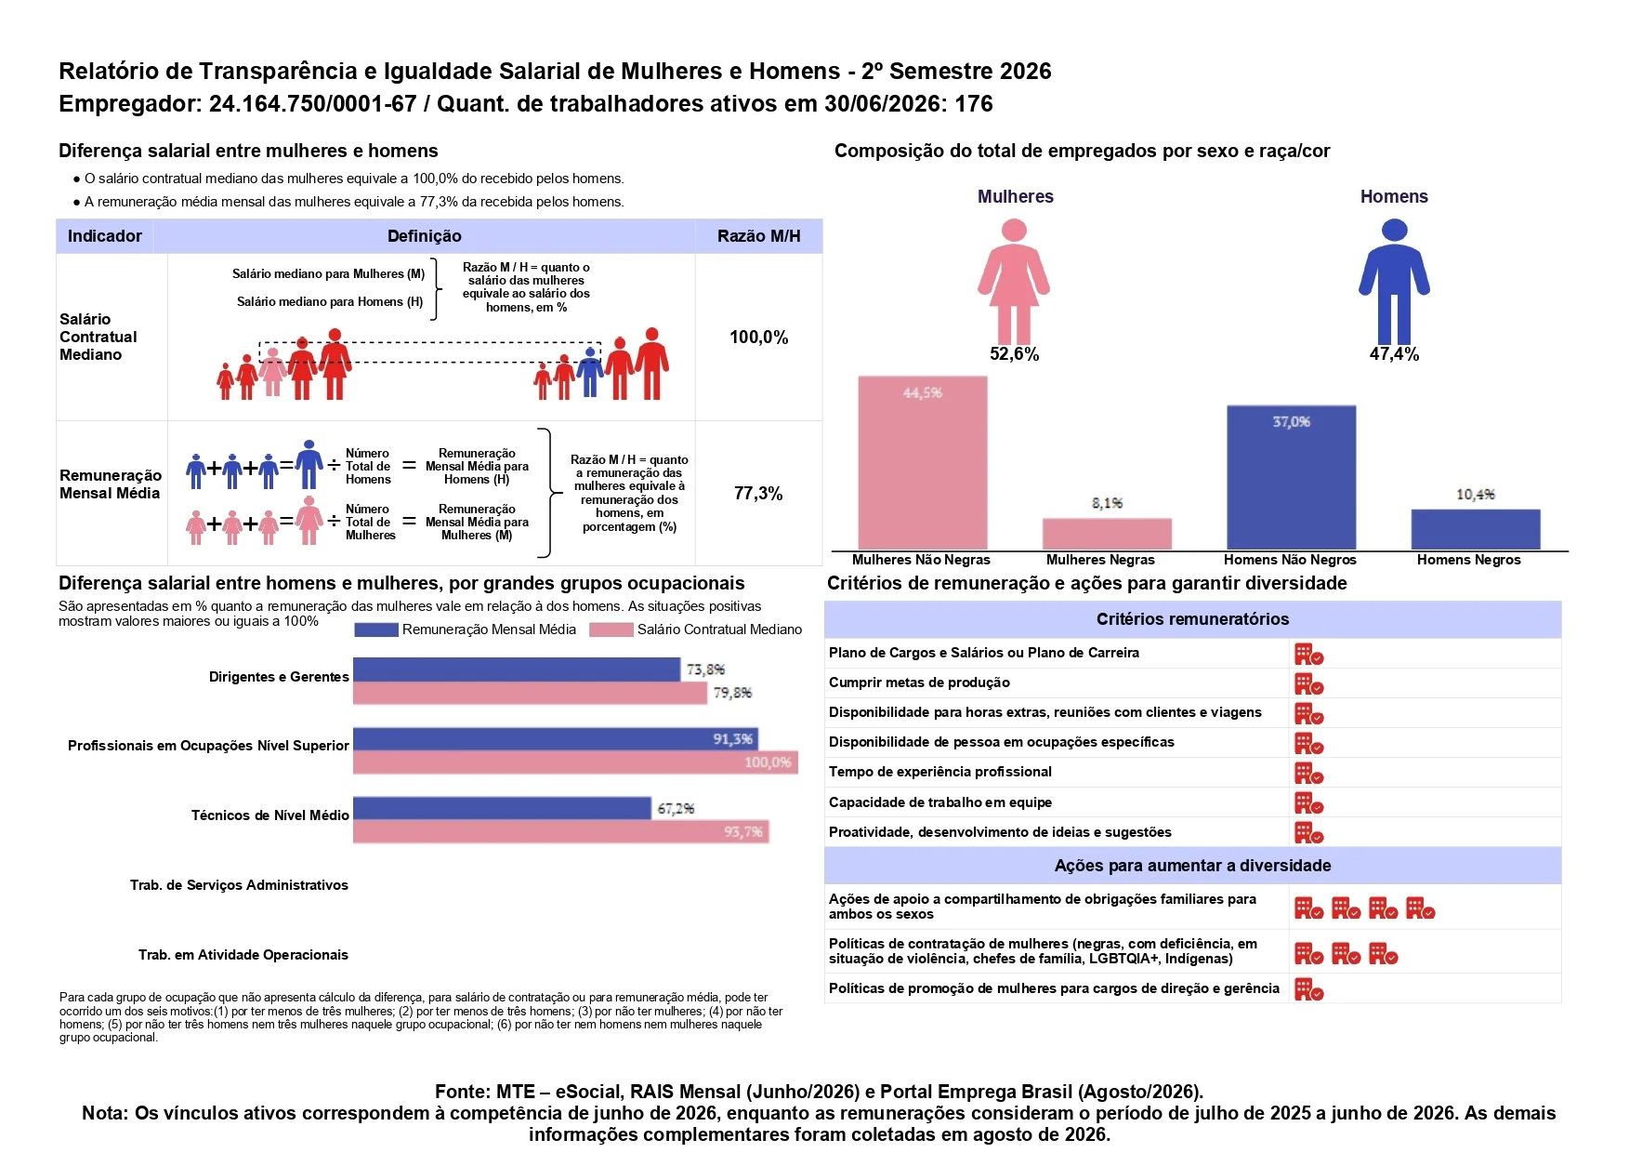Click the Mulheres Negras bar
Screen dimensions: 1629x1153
tap(1107, 534)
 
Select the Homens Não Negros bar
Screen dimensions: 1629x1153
tap(1291, 478)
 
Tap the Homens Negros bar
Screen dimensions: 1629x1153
tap(1476, 529)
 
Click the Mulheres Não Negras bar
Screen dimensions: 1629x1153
tap(923, 463)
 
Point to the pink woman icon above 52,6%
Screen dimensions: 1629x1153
tap(1014, 282)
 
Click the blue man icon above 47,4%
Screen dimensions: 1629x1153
tap(1394, 282)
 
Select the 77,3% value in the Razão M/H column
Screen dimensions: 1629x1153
tap(758, 494)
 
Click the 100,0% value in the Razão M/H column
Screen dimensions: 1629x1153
tap(758, 338)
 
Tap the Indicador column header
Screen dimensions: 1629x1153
tap(105, 236)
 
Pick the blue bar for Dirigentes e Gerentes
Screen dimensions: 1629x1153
tap(517, 669)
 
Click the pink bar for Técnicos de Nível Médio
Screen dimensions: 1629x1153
tap(561, 831)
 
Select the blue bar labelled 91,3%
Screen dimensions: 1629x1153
tap(556, 739)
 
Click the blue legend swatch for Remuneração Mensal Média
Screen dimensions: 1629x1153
tap(376, 630)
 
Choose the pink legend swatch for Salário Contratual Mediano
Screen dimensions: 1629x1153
tap(611, 630)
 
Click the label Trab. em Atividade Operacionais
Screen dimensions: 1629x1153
tap(243, 955)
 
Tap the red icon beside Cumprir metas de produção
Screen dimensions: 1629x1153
tap(1308, 683)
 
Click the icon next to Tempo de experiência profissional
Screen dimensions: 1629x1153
tap(1308, 773)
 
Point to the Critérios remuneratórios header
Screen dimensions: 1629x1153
tap(1192, 619)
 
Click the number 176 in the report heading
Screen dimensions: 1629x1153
tap(974, 104)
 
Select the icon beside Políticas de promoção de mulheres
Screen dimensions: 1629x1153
tap(1308, 989)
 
